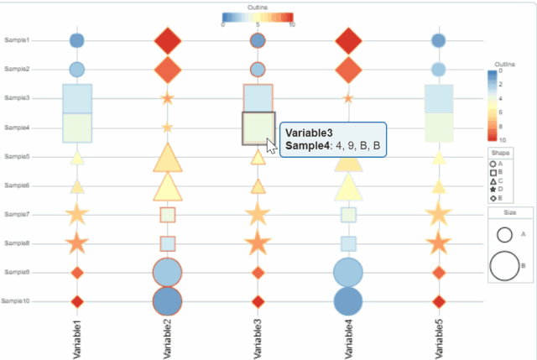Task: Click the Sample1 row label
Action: point(17,40)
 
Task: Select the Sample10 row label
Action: point(16,301)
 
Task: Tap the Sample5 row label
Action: point(17,156)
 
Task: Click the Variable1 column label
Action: point(77,336)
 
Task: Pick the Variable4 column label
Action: point(348,336)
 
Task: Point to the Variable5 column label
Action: point(438,336)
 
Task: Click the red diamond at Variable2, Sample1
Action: point(168,40)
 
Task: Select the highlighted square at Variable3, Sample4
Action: point(258,128)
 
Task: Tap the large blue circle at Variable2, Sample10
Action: point(168,301)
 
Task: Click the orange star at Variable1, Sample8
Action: point(77,243)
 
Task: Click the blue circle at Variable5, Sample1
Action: point(438,40)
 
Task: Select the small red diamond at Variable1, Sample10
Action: point(77,301)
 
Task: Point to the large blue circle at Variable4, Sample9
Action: point(348,273)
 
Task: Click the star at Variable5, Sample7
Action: point(438,214)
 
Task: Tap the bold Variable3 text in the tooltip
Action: point(309,133)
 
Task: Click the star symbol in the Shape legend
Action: point(493,190)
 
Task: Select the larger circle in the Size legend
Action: point(504,265)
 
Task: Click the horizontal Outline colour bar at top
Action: point(258,17)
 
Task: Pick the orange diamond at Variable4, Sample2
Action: point(348,69)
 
